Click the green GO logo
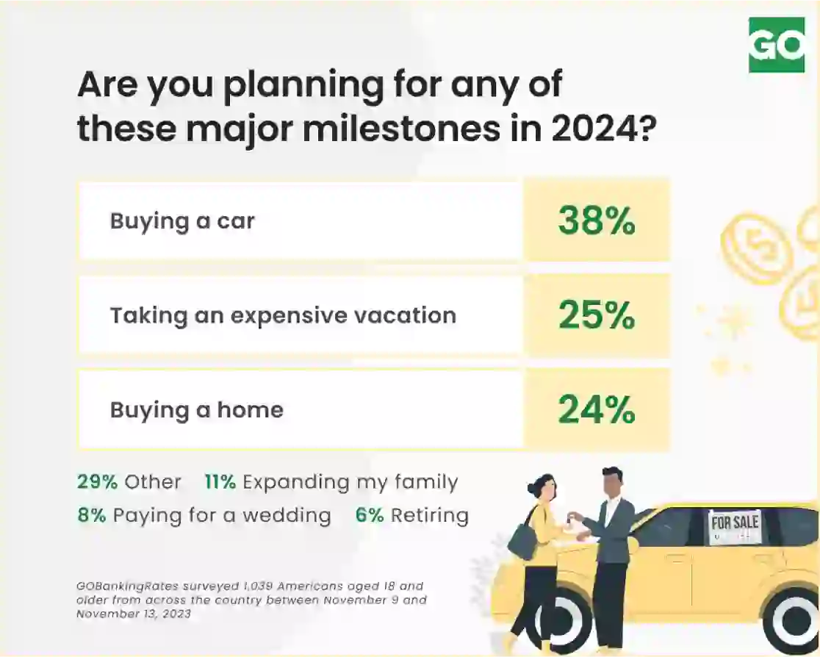tap(777, 45)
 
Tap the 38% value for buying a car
tap(597, 220)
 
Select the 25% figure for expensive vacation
tap(597, 315)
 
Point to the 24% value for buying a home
tap(597, 409)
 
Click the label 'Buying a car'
tap(182, 220)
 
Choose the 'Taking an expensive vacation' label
tap(283, 315)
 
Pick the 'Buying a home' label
tap(197, 410)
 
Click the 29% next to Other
tap(97, 481)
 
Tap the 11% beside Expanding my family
tap(220, 481)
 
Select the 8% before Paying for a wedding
tap(92, 515)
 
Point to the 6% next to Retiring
tap(370, 515)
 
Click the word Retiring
tap(430, 516)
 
